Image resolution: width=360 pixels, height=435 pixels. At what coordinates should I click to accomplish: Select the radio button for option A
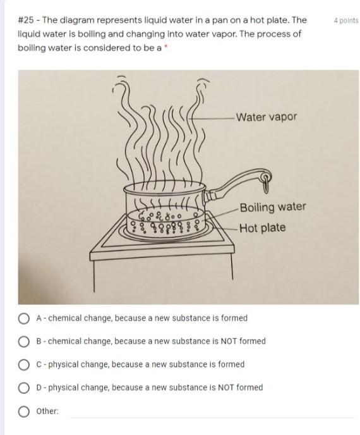tap(24, 319)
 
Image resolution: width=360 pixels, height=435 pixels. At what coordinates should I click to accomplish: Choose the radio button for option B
tap(24, 342)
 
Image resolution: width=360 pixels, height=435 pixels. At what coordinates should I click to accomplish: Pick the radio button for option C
tap(24, 365)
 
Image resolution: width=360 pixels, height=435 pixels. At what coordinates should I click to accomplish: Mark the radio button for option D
tap(24, 388)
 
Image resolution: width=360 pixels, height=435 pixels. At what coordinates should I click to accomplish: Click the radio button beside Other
tap(24, 412)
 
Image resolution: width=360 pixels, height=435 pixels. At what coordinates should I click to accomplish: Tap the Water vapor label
tap(267, 117)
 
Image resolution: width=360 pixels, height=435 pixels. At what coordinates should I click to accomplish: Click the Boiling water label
tap(273, 207)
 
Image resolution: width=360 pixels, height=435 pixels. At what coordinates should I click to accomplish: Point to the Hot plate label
tap(262, 228)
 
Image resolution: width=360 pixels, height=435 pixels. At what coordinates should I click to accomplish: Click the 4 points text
tap(346, 21)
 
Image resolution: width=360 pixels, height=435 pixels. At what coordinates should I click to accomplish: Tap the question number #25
tap(26, 20)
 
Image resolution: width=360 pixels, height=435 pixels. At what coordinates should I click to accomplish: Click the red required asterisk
tap(165, 47)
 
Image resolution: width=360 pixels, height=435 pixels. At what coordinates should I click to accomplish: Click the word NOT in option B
tap(229, 341)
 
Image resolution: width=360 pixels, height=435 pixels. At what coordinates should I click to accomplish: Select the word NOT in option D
tap(226, 388)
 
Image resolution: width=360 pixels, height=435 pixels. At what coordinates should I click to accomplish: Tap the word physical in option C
tap(63, 365)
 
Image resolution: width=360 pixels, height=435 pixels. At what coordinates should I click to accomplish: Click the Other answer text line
tap(212, 417)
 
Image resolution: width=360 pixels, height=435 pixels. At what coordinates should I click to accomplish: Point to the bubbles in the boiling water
tap(165, 223)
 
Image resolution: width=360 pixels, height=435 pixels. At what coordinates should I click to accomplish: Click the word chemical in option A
tap(64, 318)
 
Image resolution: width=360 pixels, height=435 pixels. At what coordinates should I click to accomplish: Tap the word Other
tap(47, 411)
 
